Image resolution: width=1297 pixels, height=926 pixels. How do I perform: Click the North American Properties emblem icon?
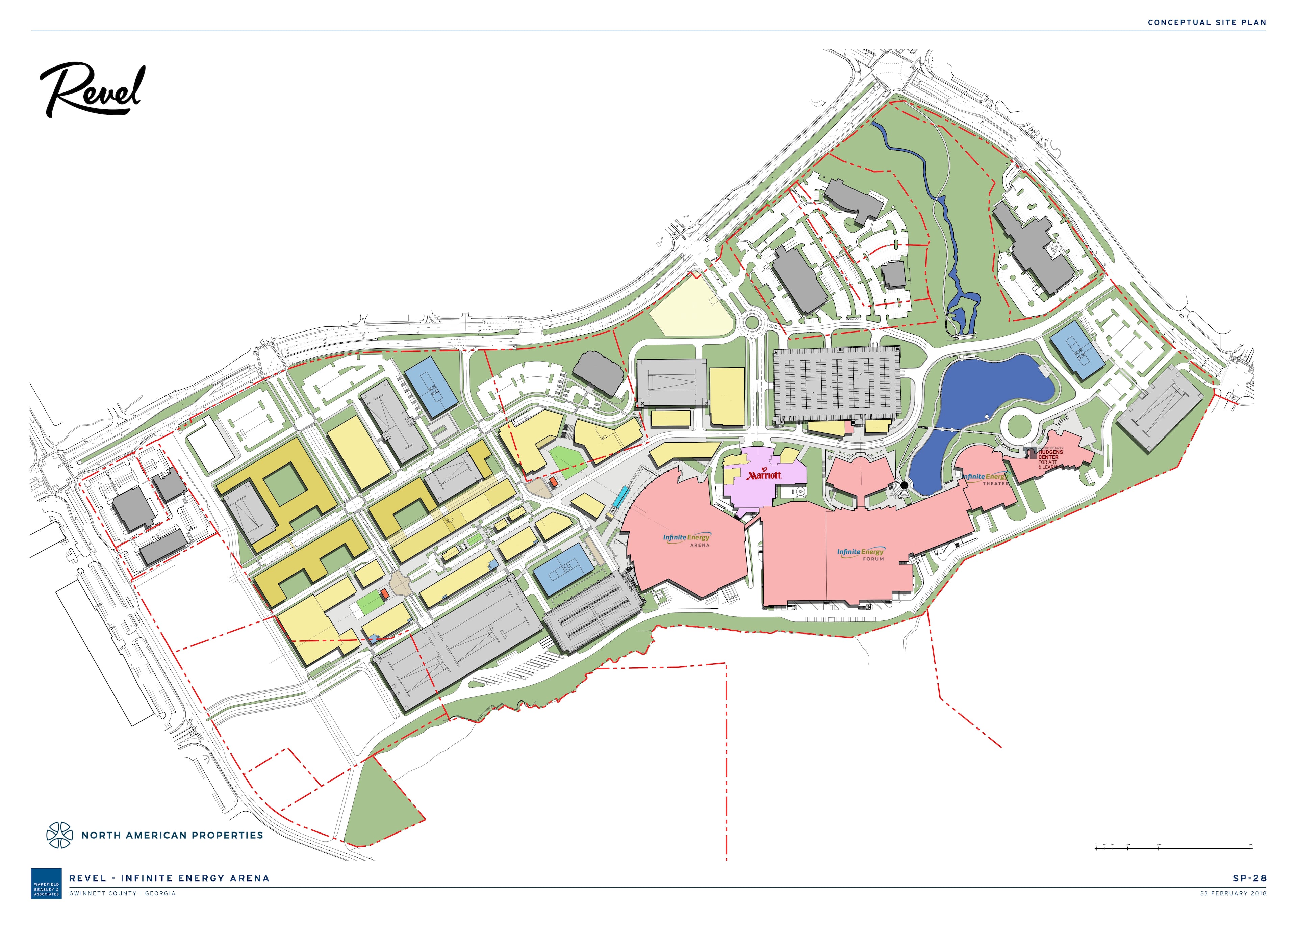coord(60,835)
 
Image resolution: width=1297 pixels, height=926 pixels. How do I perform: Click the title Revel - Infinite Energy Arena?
coord(170,879)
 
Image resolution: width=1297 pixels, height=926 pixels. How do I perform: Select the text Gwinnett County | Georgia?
coord(122,894)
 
